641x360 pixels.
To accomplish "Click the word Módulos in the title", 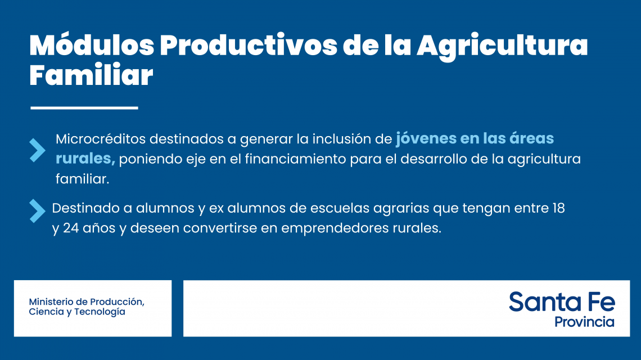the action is [x=92, y=44].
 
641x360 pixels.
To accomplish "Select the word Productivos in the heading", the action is [x=249, y=44].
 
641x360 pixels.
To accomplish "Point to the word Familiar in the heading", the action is [x=91, y=75].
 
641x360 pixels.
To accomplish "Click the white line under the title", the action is [x=84, y=108].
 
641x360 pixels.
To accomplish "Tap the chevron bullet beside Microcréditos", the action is [x=37, y=150].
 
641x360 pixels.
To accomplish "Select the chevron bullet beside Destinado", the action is [x=37, y=211].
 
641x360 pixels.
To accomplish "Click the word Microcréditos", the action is [x=101, y=139].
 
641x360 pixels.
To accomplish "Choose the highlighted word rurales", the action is [x=85, y=158].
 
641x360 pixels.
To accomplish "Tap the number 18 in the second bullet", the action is [x=558, y=208].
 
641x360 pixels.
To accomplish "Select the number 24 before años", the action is [x=71, y=228].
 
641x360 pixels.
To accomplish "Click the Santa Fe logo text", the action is [x=562, y=302].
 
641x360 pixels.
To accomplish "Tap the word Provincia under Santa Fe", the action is [x=584, y=322].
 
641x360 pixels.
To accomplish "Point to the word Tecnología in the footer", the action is [x=100, y=312].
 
